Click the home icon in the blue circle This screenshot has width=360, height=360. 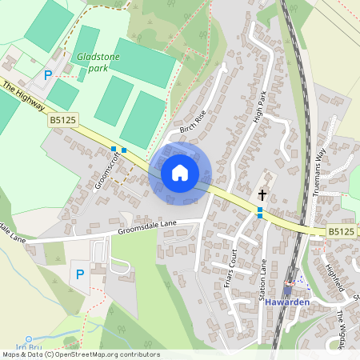(180, 173)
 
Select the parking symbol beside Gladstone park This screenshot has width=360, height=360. (48, 74)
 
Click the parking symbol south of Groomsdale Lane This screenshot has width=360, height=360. (79, 274)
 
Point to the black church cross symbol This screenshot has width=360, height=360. (262, 194)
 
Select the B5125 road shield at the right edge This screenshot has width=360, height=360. (340, 232)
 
